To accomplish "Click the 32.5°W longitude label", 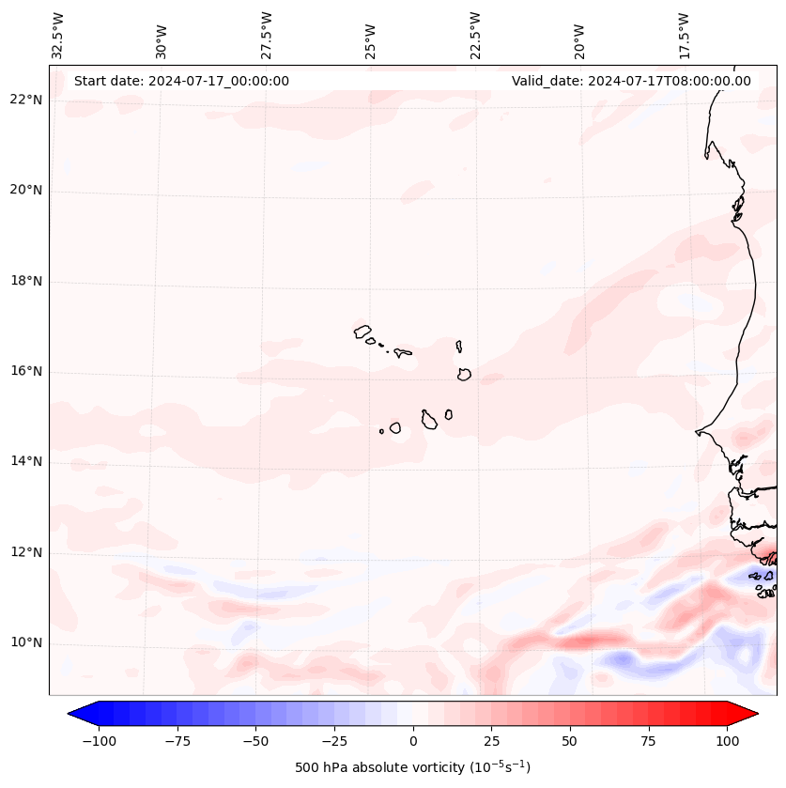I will coord(58,35).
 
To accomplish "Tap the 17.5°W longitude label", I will coord(684,35).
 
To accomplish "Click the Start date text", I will coord(181,81).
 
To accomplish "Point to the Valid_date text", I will coord(631,81).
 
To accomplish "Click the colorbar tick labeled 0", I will coord(413,741).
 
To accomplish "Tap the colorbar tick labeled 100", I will coord(727,741).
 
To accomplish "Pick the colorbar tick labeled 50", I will coord(570,741).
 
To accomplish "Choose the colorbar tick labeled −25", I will coord(334,741).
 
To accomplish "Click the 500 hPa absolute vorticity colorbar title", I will coord(413,767).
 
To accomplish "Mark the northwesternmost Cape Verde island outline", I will coord(362,331).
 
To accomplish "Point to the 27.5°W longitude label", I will coord(267,35).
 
